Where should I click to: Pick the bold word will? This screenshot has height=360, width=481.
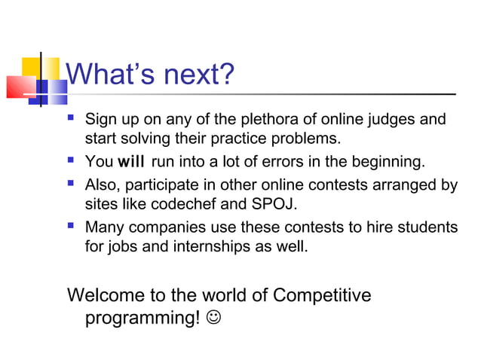130,162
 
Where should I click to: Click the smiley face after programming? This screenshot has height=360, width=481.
215,319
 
